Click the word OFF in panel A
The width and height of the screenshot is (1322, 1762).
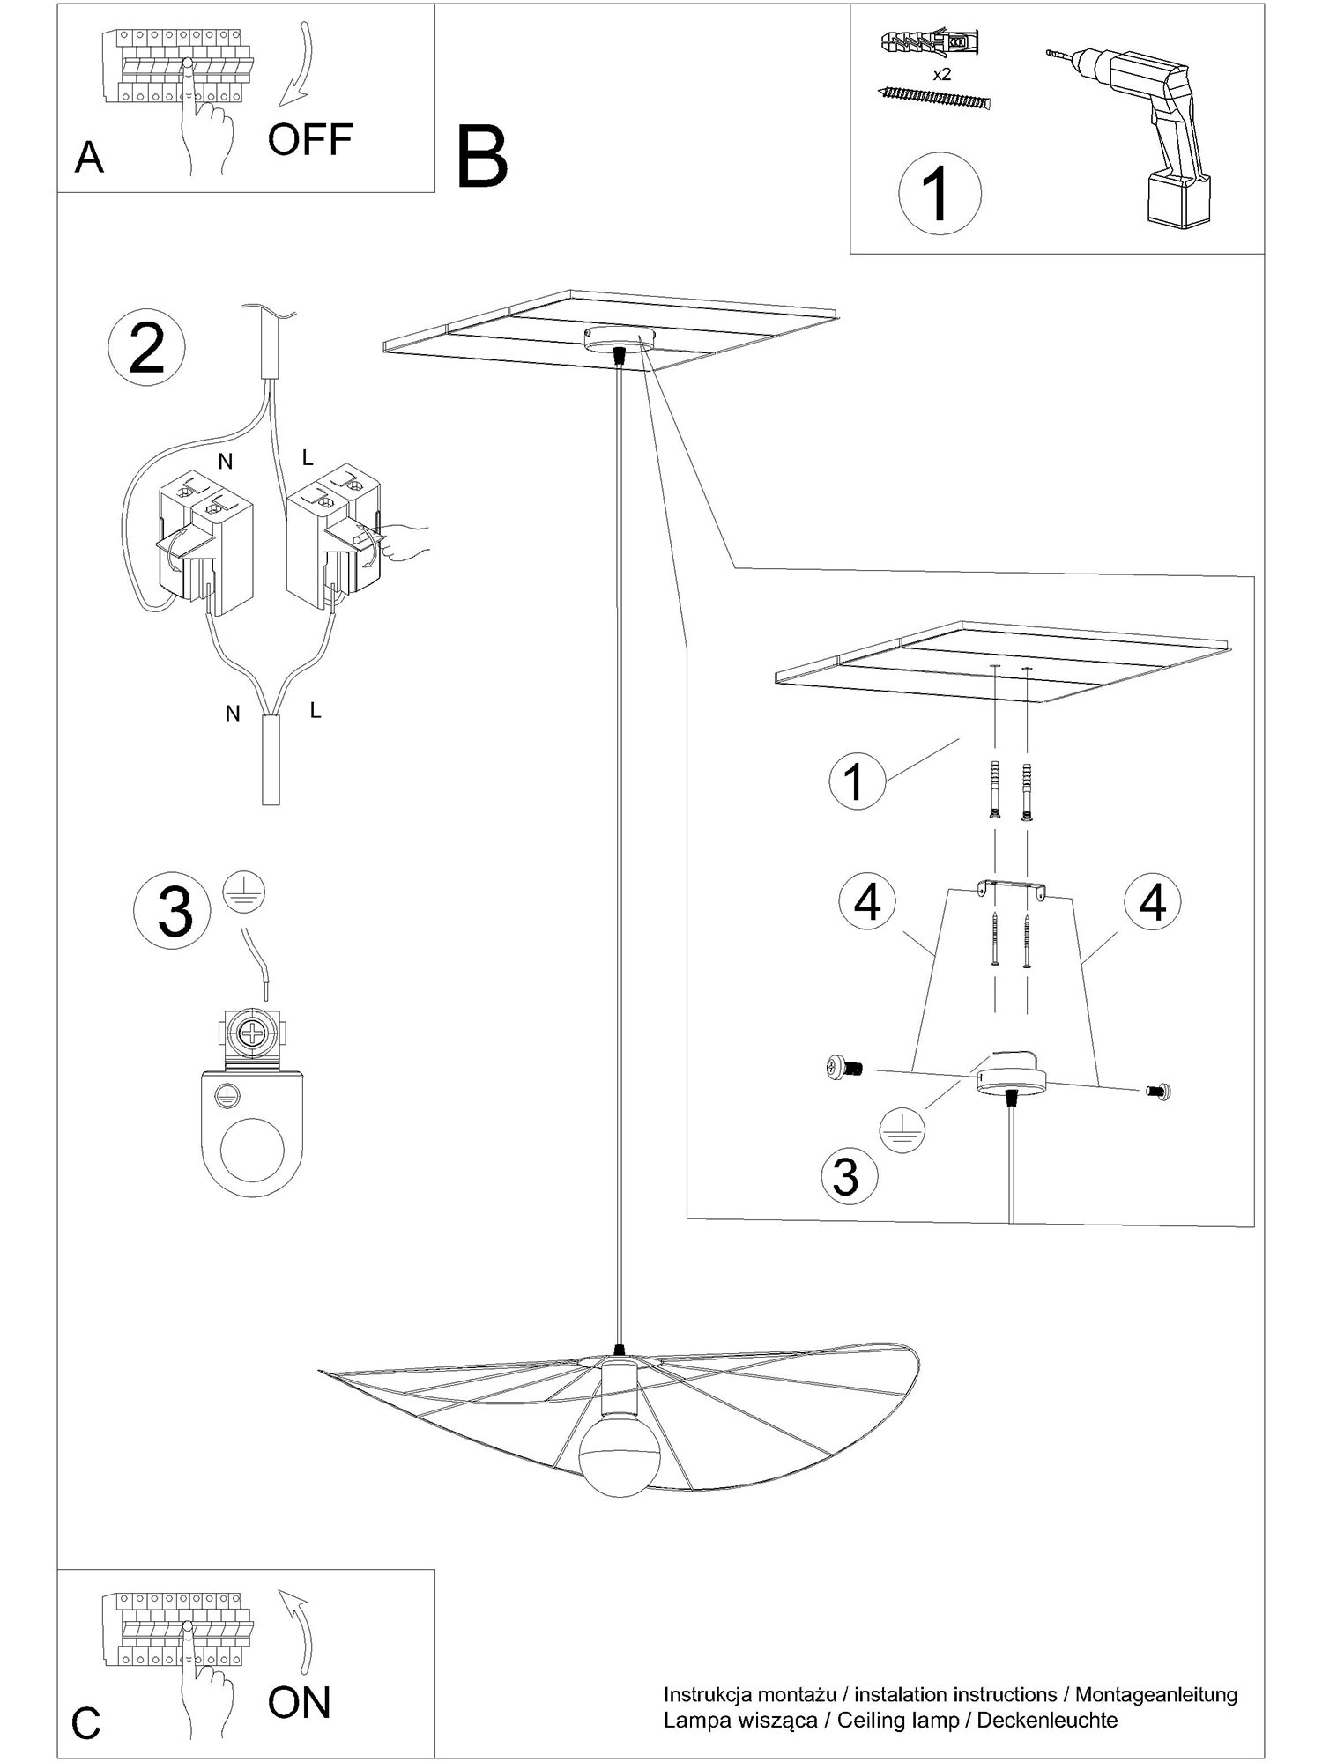click(x=310, y=139)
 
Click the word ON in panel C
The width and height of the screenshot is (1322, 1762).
click(x=300, y=1703)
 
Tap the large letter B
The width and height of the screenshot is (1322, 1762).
click(x=482, y=157)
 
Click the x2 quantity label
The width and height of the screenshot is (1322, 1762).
click(x=942, y=74)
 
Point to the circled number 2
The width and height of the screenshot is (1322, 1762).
click(x=146, y=350)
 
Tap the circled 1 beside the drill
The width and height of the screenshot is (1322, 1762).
click(x=940, y=194)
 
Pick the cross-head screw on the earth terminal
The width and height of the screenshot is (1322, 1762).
click(x=255, y=1033)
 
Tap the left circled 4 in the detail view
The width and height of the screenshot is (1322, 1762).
click(x=867, y=903)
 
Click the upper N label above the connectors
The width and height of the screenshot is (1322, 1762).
click(x=226, y=462)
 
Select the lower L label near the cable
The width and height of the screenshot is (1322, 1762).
click(x=316, y=709)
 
